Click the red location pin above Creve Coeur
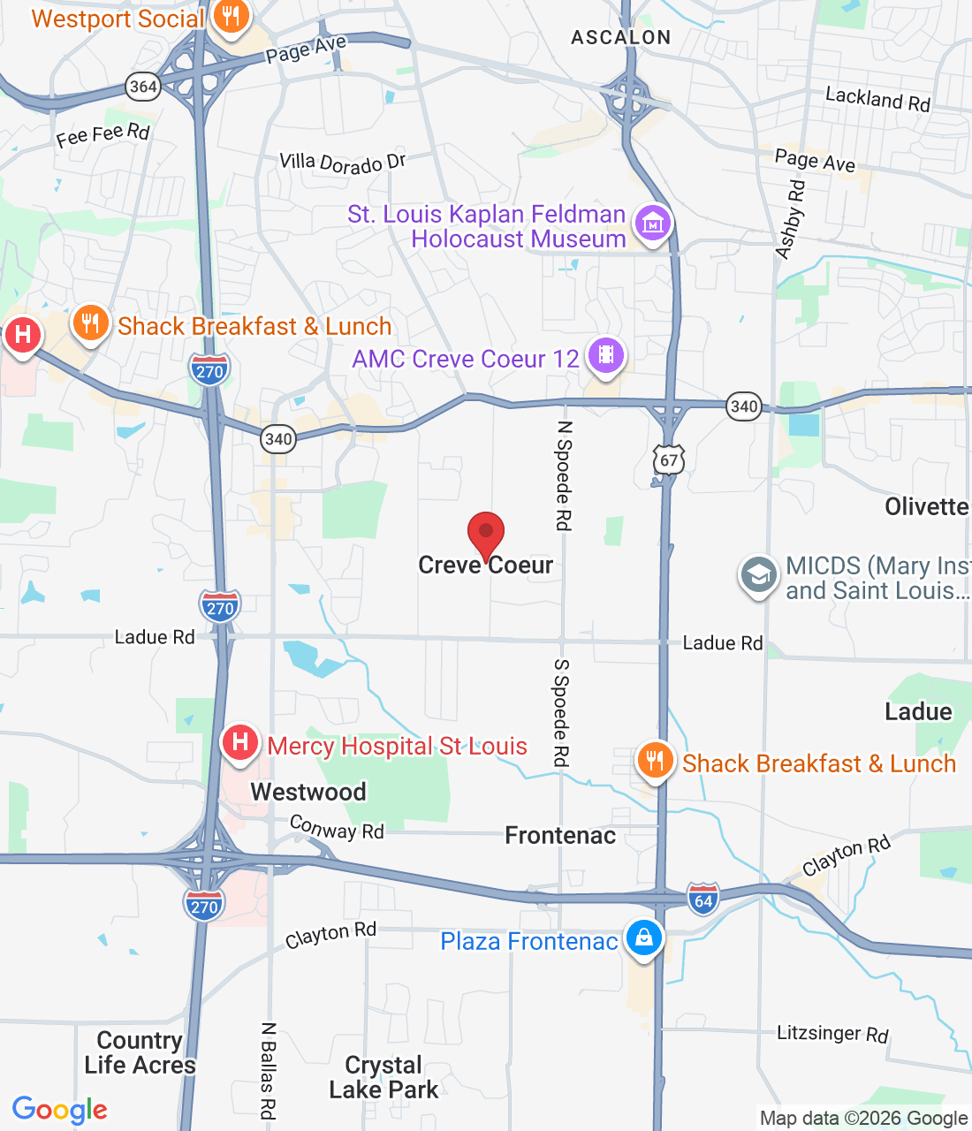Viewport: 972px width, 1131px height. [x=485, y=535]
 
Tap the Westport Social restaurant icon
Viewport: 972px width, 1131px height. [x=231, y=17]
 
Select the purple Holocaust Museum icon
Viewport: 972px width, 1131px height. [x=653, y=224]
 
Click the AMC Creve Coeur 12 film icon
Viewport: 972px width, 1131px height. [x=605, y=356]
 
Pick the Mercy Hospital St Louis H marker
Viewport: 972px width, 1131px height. [x=239, y=743]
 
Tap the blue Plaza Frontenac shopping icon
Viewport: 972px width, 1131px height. [x=643, y=938]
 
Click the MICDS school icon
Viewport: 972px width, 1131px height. [x=758, y=576]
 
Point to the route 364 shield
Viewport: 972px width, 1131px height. [x=143, y=87]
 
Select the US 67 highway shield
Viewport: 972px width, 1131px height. [x=669, y=459]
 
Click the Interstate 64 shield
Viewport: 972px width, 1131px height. [x=703, y=900]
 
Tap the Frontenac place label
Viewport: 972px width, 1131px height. [x=560, y=835]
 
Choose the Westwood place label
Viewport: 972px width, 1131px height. [x=308, y=792]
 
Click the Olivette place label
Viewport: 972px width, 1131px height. [x=926, y=506]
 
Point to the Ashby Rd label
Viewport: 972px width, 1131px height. [x=791, y=220]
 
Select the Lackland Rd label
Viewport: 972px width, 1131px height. [x=877, y=99]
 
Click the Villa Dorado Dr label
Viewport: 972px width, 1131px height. [x=343, y=163]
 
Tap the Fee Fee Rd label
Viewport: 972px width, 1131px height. [x=103, y=135]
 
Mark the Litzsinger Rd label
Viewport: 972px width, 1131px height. [x=832, y=1033]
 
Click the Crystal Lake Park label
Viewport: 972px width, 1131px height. [x=383, y=1077]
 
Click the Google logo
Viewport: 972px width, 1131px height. [x=60, y=1110]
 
